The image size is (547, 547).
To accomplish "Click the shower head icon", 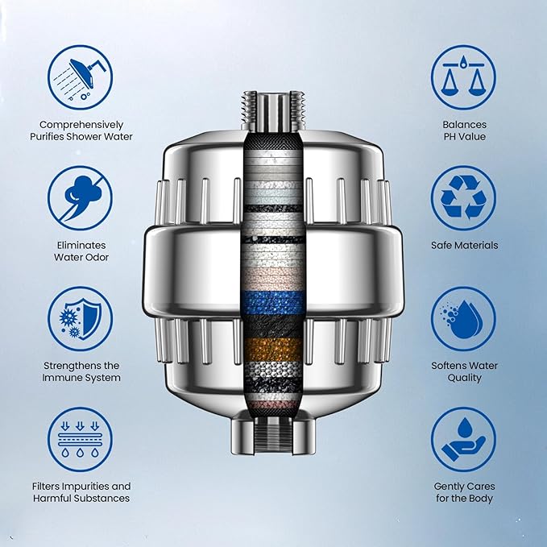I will click(81, 77).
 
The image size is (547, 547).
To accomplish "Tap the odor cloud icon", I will click(81, 197).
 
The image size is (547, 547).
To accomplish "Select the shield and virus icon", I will click(81, 318).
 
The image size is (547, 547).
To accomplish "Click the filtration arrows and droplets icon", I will click(81, 439).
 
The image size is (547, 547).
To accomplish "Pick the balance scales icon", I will click(463, 77).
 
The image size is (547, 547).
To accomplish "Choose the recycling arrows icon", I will click(463, 197).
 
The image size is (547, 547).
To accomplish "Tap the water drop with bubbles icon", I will click(463, 318).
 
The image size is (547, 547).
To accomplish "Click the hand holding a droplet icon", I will click(463, 439).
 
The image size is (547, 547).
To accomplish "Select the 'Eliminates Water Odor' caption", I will click(81, 251).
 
